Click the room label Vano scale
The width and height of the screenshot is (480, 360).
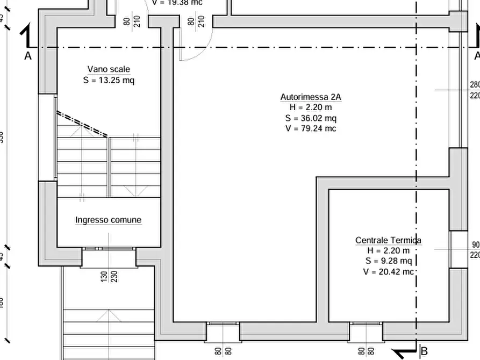109,69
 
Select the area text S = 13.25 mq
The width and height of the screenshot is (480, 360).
109,81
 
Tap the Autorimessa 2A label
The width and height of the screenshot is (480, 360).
311,97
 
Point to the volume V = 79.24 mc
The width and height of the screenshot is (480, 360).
311,128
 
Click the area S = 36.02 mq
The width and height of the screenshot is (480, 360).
311,118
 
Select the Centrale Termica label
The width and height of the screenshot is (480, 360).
388,240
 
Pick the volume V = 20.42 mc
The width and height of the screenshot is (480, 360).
388,272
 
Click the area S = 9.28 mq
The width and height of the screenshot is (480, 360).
388,261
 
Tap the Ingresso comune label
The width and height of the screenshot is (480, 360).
109,220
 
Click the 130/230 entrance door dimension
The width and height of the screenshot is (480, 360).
109,276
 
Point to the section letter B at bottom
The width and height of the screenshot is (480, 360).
424,352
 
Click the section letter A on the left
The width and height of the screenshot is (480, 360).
28,56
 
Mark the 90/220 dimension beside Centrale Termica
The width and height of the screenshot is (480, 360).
475,250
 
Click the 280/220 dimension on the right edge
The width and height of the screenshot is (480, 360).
475,90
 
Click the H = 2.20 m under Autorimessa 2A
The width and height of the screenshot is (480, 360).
311,107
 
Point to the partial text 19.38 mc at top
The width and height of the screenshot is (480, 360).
177,3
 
